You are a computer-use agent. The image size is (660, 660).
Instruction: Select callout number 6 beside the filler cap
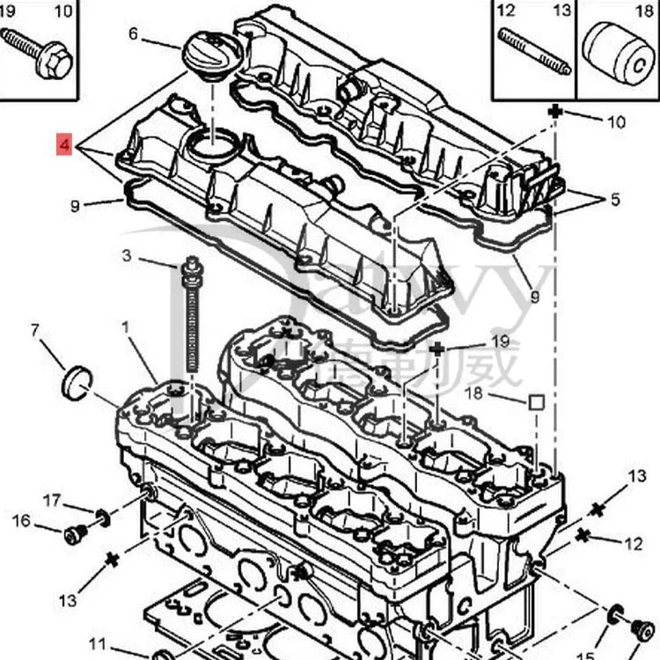(x=134, y=34)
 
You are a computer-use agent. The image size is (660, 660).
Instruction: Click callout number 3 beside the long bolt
(x=127, y=256)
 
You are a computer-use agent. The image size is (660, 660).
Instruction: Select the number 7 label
(x=35, y=331)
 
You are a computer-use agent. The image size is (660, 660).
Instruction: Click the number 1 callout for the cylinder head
(x=125, y=327)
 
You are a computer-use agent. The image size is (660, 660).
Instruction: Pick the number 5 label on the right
(x=614, y=200)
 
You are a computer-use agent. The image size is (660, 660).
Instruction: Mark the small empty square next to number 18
(x=536, y=403)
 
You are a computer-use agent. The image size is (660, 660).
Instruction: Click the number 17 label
(x=52, y=501)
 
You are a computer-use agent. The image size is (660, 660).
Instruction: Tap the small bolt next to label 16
(x=77, y=533)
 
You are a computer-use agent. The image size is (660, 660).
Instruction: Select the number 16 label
(x=21, y=521)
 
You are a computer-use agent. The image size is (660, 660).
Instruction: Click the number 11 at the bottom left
(x=98, y=643)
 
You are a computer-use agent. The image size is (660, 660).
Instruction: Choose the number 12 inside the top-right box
(x=505, y=11)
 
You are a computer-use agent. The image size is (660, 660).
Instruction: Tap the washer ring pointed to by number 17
(x=103, y=517)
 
